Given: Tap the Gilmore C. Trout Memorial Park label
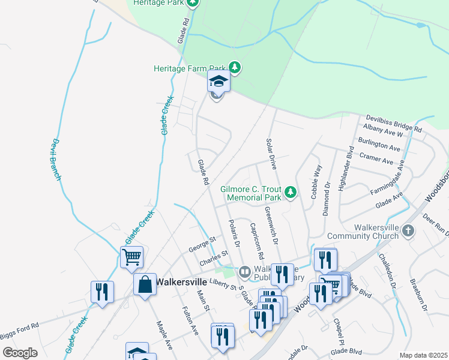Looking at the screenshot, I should [x=251, y=193].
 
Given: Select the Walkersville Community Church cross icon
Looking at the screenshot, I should [x=408, y=230].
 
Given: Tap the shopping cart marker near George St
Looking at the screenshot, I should [x=131, y=257].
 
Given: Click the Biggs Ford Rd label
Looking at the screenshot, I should [x=19, y=325].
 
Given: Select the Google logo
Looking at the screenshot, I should [x=20, y=352].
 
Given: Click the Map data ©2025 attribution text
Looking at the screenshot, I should [x=423, y=355].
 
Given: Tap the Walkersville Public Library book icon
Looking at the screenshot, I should [x=244, y=272].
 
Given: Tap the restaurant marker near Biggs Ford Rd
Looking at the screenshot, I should [x=101, y=292].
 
